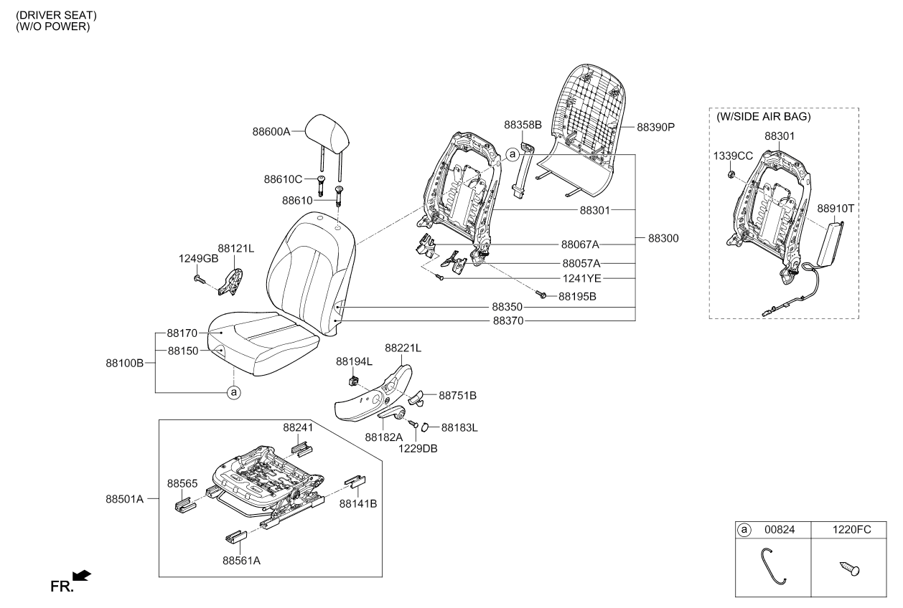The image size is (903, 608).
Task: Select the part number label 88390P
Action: pos(657,127)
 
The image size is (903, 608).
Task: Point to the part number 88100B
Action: pos(126,364)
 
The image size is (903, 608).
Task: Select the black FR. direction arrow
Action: pos(82,575)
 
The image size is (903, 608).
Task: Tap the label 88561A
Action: pos(240,561)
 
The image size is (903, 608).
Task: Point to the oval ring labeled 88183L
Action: pos(424,428)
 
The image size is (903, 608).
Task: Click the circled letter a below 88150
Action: pos(233,392)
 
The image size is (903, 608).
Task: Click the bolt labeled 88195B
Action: pos(543,295)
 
